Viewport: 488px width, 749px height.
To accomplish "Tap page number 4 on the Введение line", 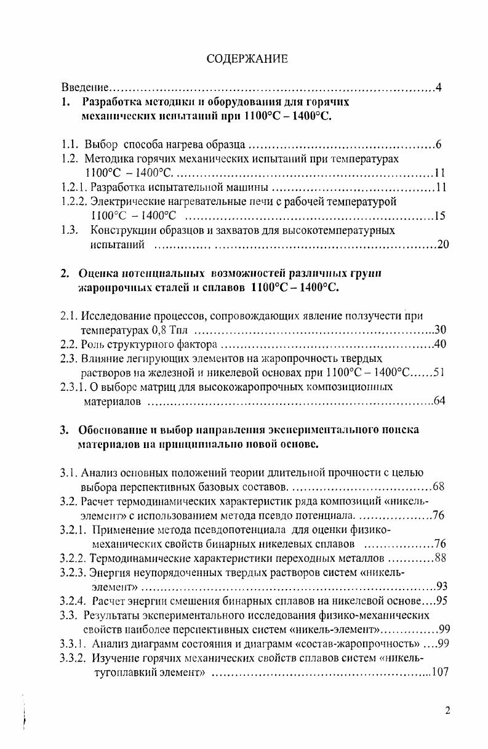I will [438, 87].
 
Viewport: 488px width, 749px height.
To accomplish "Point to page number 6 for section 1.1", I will [438, 146].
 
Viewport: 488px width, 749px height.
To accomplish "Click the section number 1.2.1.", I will [74, 187].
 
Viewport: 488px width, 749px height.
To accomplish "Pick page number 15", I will [439, 215].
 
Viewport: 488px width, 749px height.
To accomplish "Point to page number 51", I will [439, 372].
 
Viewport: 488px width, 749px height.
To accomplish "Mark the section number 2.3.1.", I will [74, 387].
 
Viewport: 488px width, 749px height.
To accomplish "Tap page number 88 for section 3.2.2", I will [440, 558].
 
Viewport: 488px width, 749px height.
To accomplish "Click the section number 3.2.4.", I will [75, 601].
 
